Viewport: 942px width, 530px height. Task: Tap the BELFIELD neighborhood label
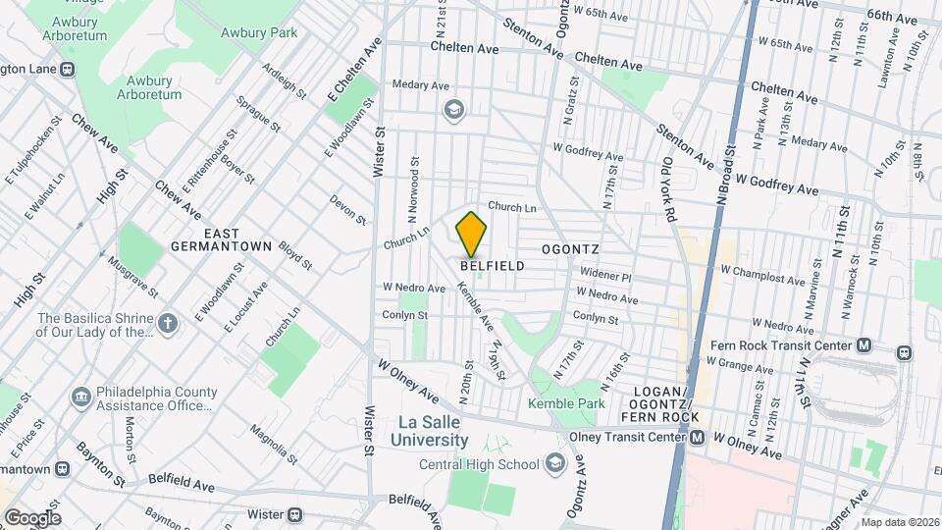(492, 266)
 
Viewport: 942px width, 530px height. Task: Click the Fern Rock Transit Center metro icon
(863, 345)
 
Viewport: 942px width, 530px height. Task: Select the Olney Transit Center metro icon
(697, 438)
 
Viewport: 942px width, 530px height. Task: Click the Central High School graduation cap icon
(555, 463)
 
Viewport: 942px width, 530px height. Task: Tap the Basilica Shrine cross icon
(168, 323)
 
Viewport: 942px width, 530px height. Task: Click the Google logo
(32, 518)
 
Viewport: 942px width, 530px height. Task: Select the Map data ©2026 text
(900, 522)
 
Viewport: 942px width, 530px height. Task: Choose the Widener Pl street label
(605, 278)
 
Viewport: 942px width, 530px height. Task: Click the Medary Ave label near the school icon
(421, 85)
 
